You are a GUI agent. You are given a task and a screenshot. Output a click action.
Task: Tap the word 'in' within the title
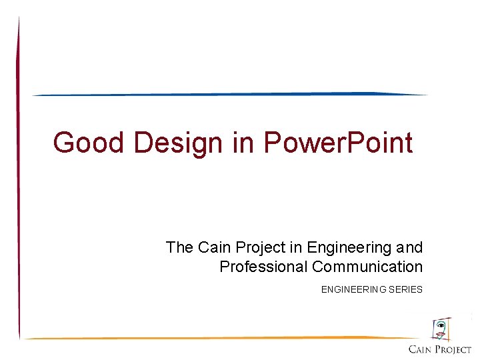(241, 142)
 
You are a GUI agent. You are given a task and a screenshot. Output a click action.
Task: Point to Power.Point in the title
(338, 142)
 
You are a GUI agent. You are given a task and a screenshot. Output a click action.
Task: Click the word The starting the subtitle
(179, 247)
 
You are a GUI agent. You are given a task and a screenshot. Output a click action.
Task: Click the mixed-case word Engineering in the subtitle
(349, 248)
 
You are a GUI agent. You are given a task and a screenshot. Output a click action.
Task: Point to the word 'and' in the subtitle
(409, 247)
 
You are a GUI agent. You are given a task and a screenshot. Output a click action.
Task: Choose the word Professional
(263, 267)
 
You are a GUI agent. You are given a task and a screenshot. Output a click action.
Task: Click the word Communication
(367, 267)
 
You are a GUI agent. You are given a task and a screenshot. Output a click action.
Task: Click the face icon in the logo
(441, 329)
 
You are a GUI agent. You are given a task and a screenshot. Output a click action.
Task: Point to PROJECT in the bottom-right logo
(454, 349)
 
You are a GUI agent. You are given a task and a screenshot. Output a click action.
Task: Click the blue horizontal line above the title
(230, 94)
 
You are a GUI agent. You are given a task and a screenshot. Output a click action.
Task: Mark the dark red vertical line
(19, 180)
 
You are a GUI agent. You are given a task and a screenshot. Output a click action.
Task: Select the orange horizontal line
(220, 338)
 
